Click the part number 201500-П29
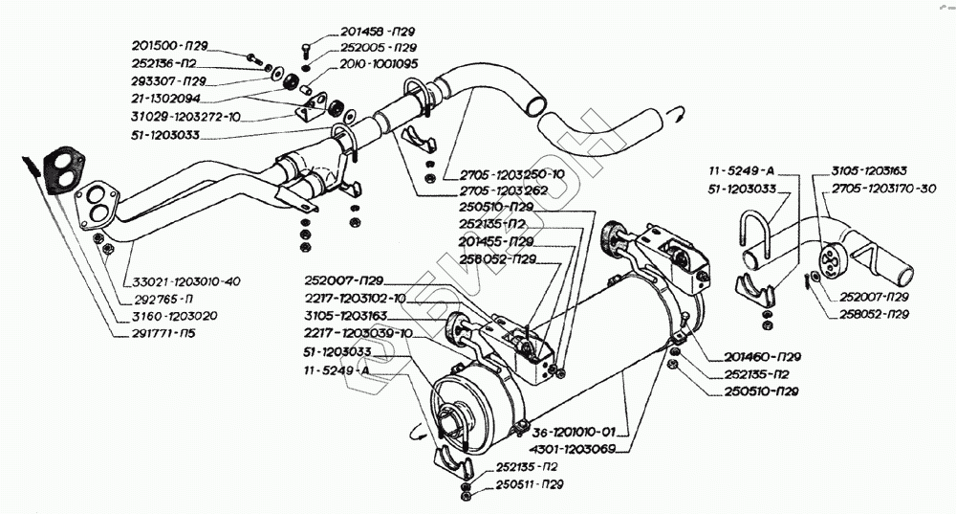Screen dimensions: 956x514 pos(169,46)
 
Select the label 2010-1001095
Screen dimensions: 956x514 pos(379,63)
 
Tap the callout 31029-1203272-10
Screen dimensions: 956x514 pos(186,117)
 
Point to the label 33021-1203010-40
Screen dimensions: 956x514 pos(186,281)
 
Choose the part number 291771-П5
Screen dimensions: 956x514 pos(164,333)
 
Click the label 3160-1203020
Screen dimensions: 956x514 pos(174,316)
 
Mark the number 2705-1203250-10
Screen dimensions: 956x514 pos(512,174)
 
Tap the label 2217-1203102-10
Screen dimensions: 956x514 pos(355,299)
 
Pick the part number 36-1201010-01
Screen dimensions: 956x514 pos(574,433)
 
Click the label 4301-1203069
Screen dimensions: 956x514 pos(574,449)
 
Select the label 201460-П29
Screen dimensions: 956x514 pos(762,356)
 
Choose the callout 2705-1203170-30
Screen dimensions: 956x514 pos(883,189)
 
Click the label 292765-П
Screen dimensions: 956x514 pos(163,300)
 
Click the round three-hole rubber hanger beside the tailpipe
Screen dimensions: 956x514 pos(831,257)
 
